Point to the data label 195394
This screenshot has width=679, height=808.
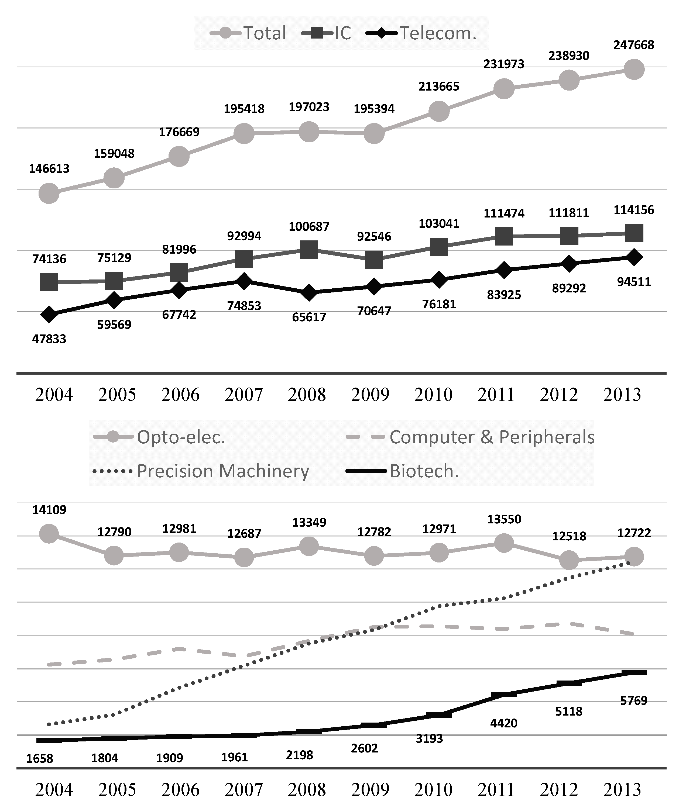click(374, 109)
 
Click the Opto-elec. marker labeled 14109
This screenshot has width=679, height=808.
click(49, 534)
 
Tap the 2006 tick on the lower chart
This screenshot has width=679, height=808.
click(180, 789)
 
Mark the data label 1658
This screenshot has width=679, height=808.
click(39, 758)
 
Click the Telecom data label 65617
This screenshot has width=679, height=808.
click(309, 317)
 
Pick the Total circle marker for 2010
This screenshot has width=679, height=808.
click(439, 111)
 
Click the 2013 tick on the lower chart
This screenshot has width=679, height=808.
click(622, 789)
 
